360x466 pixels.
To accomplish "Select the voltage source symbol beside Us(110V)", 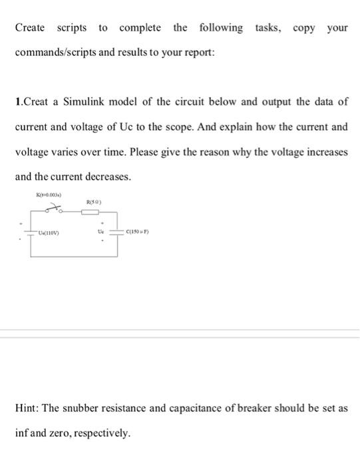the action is click(29, 233).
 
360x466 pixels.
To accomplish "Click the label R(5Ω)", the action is click(92, 200).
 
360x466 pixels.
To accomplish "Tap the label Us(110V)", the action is click(49, 233).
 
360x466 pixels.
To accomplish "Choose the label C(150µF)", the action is click(137, 232).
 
